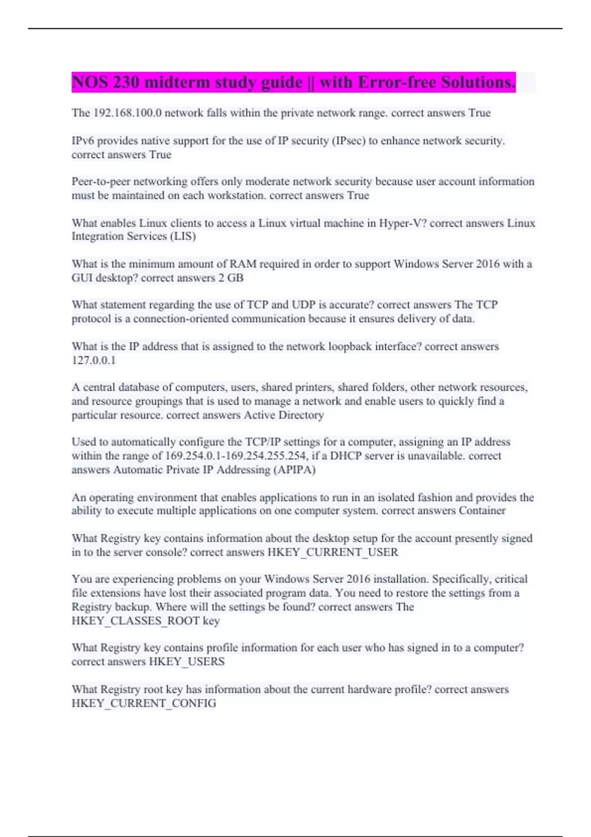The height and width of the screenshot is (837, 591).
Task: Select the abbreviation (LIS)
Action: point(183,236)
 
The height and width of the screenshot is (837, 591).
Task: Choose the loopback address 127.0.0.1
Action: point(94,360)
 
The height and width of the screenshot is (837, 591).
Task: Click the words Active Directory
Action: point(284,415)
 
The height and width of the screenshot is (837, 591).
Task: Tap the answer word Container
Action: point(482,511)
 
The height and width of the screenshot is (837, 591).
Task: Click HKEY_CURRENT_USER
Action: point(332,552)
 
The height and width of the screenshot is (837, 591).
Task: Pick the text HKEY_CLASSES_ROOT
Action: point(135,621)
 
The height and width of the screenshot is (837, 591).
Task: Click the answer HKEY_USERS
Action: point(187,662)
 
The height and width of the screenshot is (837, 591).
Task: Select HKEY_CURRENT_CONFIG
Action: point(144,704)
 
